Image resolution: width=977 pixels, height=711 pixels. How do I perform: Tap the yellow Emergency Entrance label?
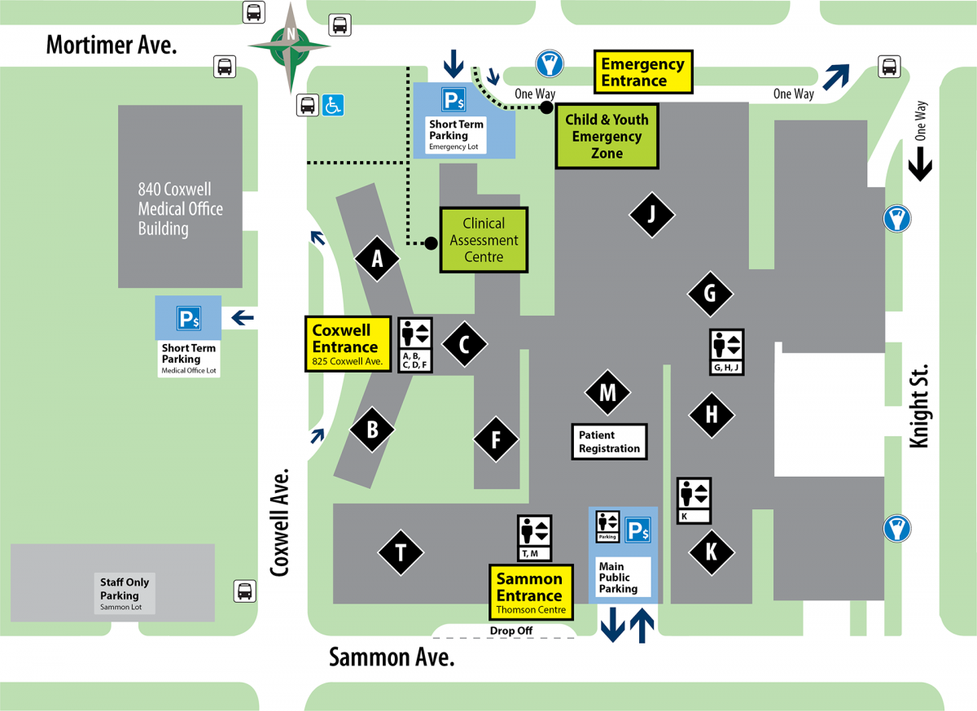click(642, 72)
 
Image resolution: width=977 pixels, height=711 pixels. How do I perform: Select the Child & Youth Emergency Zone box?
click(607, 136)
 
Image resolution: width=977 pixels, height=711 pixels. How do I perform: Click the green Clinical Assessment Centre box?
click(484, 240)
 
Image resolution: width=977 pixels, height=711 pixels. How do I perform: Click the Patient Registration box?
click(609, 442)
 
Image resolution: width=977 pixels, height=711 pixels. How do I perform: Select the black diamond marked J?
click(651, 215)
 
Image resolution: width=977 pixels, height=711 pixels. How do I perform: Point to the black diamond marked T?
click(401, 553)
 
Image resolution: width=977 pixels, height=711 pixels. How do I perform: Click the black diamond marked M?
click(607, 393)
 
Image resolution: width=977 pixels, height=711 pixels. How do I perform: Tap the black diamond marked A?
click(377, 259)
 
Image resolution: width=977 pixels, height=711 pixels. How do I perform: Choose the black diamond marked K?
click(711, 552)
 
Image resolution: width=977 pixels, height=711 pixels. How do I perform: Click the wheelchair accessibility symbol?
click(333, 105)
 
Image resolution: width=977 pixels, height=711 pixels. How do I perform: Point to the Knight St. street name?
click(919, 404)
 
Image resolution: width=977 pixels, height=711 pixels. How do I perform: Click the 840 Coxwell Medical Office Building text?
click(180, 209)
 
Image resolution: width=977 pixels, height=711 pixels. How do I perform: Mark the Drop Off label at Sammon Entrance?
click(511, 630)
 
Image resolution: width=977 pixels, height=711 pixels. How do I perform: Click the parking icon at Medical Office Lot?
click(189, 321)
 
